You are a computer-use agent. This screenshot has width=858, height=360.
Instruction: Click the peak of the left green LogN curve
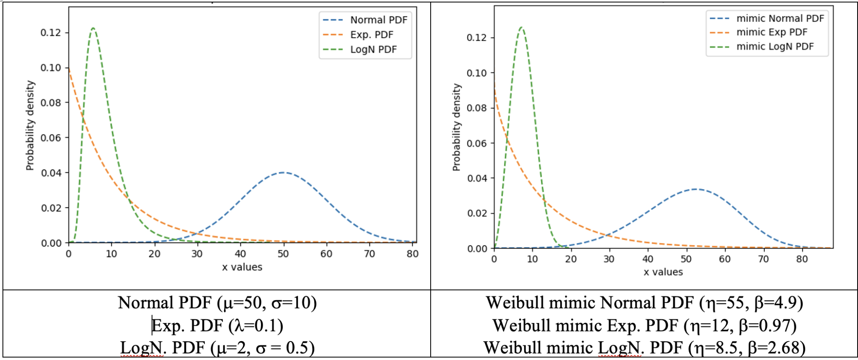tap(93, 28)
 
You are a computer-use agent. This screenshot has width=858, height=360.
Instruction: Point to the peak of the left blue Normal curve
tap(284, 172)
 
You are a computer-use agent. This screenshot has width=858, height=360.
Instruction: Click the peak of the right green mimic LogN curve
tap(521, 27)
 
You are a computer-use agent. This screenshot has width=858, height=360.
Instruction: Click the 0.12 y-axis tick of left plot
tap(51, 33)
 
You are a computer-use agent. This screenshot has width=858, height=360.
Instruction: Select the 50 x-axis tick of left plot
tap(283, 254)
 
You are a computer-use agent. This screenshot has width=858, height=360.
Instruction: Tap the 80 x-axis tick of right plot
tap(802, 259)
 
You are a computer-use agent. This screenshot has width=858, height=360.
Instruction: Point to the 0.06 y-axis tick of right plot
tap(477, 143)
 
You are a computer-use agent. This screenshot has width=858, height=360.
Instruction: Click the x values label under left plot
tap(242, 267)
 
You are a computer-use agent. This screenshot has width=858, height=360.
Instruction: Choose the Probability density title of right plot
tap(456, 127)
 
